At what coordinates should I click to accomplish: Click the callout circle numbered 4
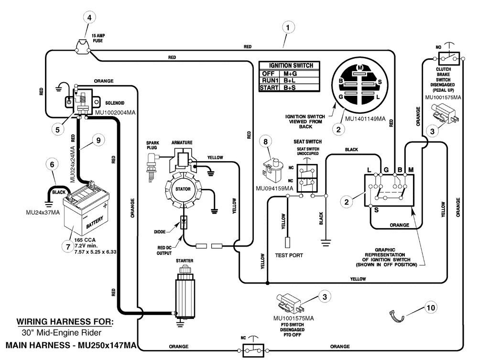pos(89,18)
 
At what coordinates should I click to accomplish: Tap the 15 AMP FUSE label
pos(98,38)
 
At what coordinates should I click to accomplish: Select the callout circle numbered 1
pos(288,27)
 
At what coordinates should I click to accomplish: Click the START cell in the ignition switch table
pos(269,88)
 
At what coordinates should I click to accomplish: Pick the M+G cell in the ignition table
pos(290,74)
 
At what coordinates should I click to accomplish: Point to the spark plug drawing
pos(152,167)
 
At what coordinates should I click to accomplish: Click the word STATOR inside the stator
pos(183,189)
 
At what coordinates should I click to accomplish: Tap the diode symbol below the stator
pos(184,222)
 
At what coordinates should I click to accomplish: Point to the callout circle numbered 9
pos(98,141)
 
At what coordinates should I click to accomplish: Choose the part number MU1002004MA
pos(115,112)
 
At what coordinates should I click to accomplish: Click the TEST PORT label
pos(289,255)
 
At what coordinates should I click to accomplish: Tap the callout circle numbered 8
pos(265,142)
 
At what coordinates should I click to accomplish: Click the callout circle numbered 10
pos(431,307)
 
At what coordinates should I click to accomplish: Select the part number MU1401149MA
pos(365,119)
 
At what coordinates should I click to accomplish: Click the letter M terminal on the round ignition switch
pos(360,68)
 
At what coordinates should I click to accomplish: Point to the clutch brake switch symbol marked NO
pos(449,58)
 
